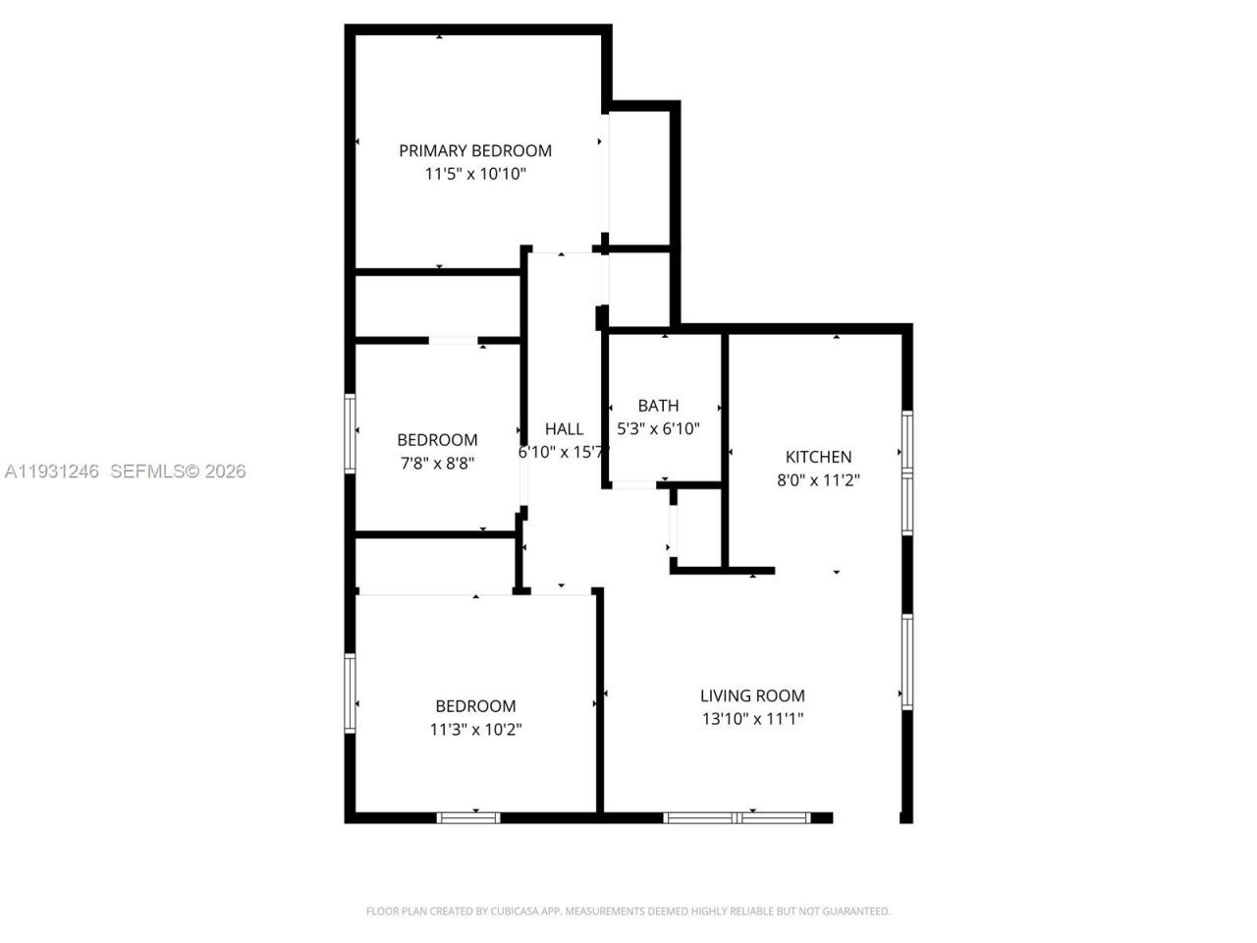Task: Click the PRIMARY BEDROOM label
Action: (x=474, y=150)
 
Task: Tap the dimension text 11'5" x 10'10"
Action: (x=475, y=174)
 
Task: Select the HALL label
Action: (x=564, y=428)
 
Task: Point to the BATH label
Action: (x=658, y=405)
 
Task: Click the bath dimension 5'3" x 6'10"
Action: (x=658, y=428)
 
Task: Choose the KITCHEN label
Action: (x=818, y=456)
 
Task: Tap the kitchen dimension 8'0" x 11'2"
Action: (x=818, y=480)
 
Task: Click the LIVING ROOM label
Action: (x=752, y=695)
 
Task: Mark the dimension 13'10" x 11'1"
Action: (x=752, y=719)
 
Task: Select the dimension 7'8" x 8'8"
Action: (x=437, y=463)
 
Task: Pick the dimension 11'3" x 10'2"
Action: (x=475, y=730)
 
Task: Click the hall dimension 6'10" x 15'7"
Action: (x=564, y=452)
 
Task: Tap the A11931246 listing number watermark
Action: (x=51, y=471)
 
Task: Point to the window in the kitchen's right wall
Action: (x=907, y=471)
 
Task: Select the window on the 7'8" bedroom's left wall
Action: (x=349, y=432)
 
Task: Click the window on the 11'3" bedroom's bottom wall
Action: (x=468, y=817)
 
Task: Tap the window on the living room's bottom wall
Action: (x=737, y=817)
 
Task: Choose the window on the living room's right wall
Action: (x=907, y=660)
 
